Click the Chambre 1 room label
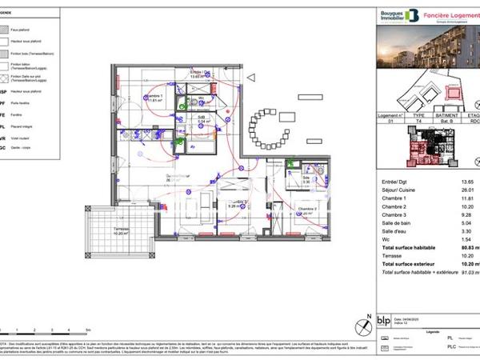(154, 98)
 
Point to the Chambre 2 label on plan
(309, 210)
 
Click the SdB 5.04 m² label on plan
(203, 119)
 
